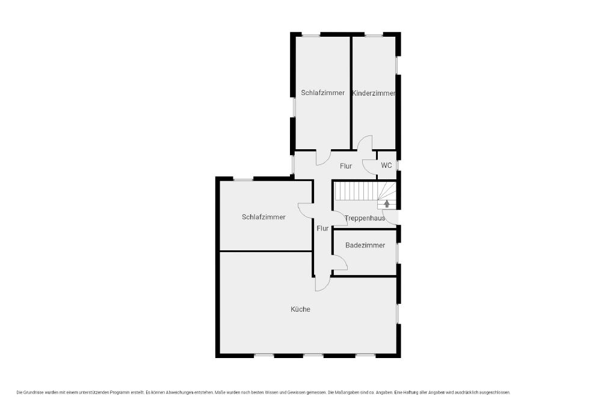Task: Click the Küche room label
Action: coord(301,309)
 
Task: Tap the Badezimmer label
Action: coord(365,245)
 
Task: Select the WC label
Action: coord(386,165)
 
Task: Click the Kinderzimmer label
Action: coord(374,93)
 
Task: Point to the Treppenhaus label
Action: coord(365,218)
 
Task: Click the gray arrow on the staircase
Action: coord(387,203)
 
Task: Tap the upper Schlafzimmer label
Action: coord(323,93)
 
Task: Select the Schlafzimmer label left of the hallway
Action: coord(263,217)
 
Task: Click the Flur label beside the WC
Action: coord(346,166)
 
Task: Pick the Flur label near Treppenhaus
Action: coord(322,228)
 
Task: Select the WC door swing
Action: coord(369,167)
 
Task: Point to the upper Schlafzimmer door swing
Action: coord(323,158)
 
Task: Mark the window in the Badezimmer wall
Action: coord(397,253)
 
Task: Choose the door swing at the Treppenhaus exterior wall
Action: coord(390,218)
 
